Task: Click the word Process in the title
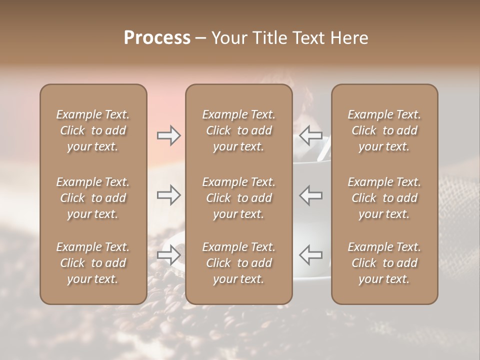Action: click(x=157, y=38)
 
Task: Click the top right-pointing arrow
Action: click(x=169, y=135)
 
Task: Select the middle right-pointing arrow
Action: click(x=169, y=194)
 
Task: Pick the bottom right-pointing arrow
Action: click(x=169, y=255)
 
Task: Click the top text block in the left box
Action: click(x=93, y=130)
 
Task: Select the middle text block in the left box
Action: click(x=93, y=198)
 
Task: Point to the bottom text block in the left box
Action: click(x=93, y=263)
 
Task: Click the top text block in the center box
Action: click(x=239, y=130)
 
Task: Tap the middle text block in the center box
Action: click(x=239, y=198)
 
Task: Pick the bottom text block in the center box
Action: click(x=239, y=263)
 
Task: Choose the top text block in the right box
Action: click(x=384, y=130)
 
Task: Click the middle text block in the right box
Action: click(x=384, y=198)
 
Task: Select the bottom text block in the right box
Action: click(x=384, y=263)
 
